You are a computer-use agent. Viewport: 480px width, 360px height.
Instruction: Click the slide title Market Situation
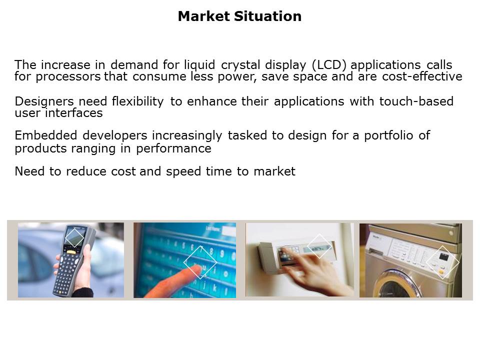point(239,16)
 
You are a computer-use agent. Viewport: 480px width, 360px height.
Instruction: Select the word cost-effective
point(422,76)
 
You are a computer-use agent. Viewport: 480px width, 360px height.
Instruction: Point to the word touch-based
point(416,101)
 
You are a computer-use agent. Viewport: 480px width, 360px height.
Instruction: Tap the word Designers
point(44,101)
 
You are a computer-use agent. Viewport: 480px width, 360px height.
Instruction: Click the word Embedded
point(46,135)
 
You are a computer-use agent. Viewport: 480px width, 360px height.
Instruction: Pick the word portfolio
point(388,135)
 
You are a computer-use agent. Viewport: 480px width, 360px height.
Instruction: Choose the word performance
point(173,149)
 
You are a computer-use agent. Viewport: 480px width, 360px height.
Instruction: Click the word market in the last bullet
point(274,171)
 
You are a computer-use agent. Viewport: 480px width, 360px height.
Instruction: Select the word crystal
point(240,65)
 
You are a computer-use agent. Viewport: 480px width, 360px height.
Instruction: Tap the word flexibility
point(138,101)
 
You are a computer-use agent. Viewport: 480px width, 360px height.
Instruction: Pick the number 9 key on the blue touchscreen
point(221,253)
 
